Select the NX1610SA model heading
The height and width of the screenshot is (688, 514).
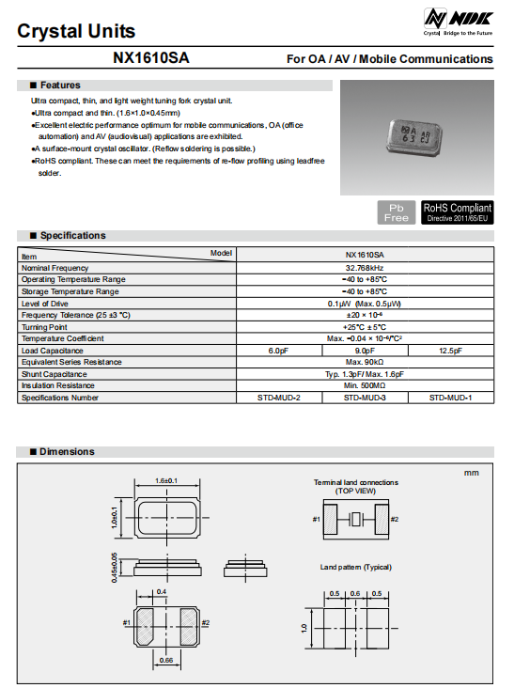(150, 58)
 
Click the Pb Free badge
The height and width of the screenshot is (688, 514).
(396, 211)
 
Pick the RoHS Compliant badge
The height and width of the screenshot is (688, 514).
(457, 211)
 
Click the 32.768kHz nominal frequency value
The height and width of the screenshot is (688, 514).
(364, 268)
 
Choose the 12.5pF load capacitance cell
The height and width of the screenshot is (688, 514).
(449, 351)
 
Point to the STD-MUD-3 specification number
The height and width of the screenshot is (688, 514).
(364, 398)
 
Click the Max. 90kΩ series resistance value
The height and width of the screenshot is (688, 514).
(364, 362)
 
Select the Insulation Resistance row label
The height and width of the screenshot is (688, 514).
(58, 385)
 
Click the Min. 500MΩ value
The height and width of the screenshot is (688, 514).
(364, 385)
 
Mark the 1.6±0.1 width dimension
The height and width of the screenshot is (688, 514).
(166, 480)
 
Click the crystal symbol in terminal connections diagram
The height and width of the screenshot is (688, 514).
(355, 519)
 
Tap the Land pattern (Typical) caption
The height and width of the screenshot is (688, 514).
(355, 567)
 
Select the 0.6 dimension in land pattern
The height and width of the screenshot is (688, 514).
(354, 593)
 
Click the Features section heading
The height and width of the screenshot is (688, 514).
(60, 86)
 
